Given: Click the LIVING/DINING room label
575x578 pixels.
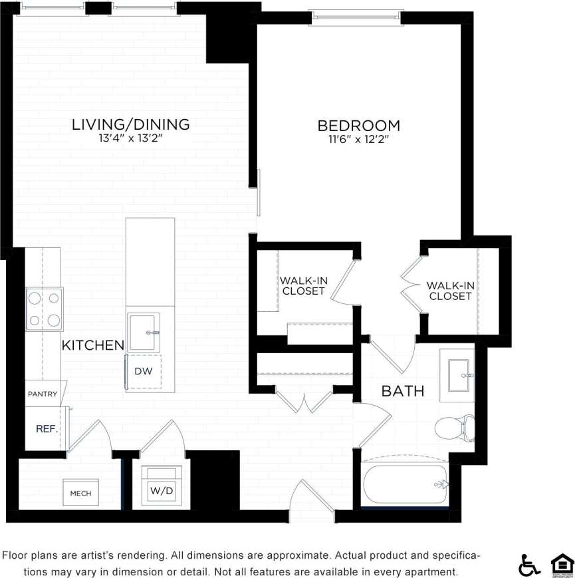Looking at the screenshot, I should click(x=131, y=124).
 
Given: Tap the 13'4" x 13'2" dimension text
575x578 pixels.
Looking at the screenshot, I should click(x=131, y=139).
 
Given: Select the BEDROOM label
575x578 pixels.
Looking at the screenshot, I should click(x=358, y=125).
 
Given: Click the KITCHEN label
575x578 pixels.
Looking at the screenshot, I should click(x=93, y=345).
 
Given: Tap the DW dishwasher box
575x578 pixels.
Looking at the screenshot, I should click(x=144, y=371).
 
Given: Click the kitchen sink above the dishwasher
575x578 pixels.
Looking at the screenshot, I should click(x=144, y=331).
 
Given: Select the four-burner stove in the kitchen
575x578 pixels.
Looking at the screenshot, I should click(x=45, y=309).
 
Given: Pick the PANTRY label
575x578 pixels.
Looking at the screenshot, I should click(x=43, y=394).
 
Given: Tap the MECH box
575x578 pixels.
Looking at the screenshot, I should click(x=80, y=494).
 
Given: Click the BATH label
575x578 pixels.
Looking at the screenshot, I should click(x=402, y=391).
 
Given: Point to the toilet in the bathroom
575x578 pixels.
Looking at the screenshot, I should click(x=455, y=428).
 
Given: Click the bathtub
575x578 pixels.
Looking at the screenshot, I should click(x=405, y=484).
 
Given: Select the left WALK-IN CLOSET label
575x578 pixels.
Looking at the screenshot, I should click(x=303, y=285).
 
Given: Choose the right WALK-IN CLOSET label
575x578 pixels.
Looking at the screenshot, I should click(x=450, y=291).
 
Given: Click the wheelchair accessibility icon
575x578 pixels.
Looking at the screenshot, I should click(x=529, y=565).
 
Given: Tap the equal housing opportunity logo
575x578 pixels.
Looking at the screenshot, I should click(x=560, y=565).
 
